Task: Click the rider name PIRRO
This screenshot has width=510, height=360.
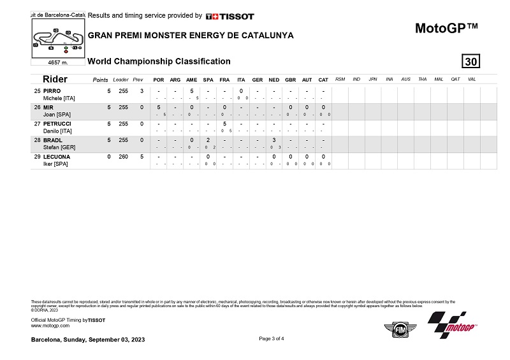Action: click(x=52, y=90)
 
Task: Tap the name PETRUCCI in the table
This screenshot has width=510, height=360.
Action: click(x=57, y=124)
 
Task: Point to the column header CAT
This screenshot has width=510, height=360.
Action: click(x=323, y=80)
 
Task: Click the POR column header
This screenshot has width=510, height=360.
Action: click(x=158, y=80)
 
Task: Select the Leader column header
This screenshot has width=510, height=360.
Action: click(x=120, y=80)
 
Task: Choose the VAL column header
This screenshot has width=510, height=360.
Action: click(x=472, y=79)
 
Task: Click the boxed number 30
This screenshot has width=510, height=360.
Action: click(x=471, y=62)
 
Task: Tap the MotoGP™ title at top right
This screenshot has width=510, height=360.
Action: click(x=446, y=28)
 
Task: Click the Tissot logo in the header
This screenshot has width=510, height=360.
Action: click(x=229, y=16)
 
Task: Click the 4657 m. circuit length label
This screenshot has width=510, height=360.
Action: click(x=58, y=62)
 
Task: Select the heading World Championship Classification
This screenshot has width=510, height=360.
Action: click(x=159, y=61)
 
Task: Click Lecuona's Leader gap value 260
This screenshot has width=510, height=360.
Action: click(x=123, y=157)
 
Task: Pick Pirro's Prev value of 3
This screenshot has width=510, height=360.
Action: click(x=142, y=90)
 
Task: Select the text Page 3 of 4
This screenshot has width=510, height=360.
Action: click(x=272, y=338)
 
